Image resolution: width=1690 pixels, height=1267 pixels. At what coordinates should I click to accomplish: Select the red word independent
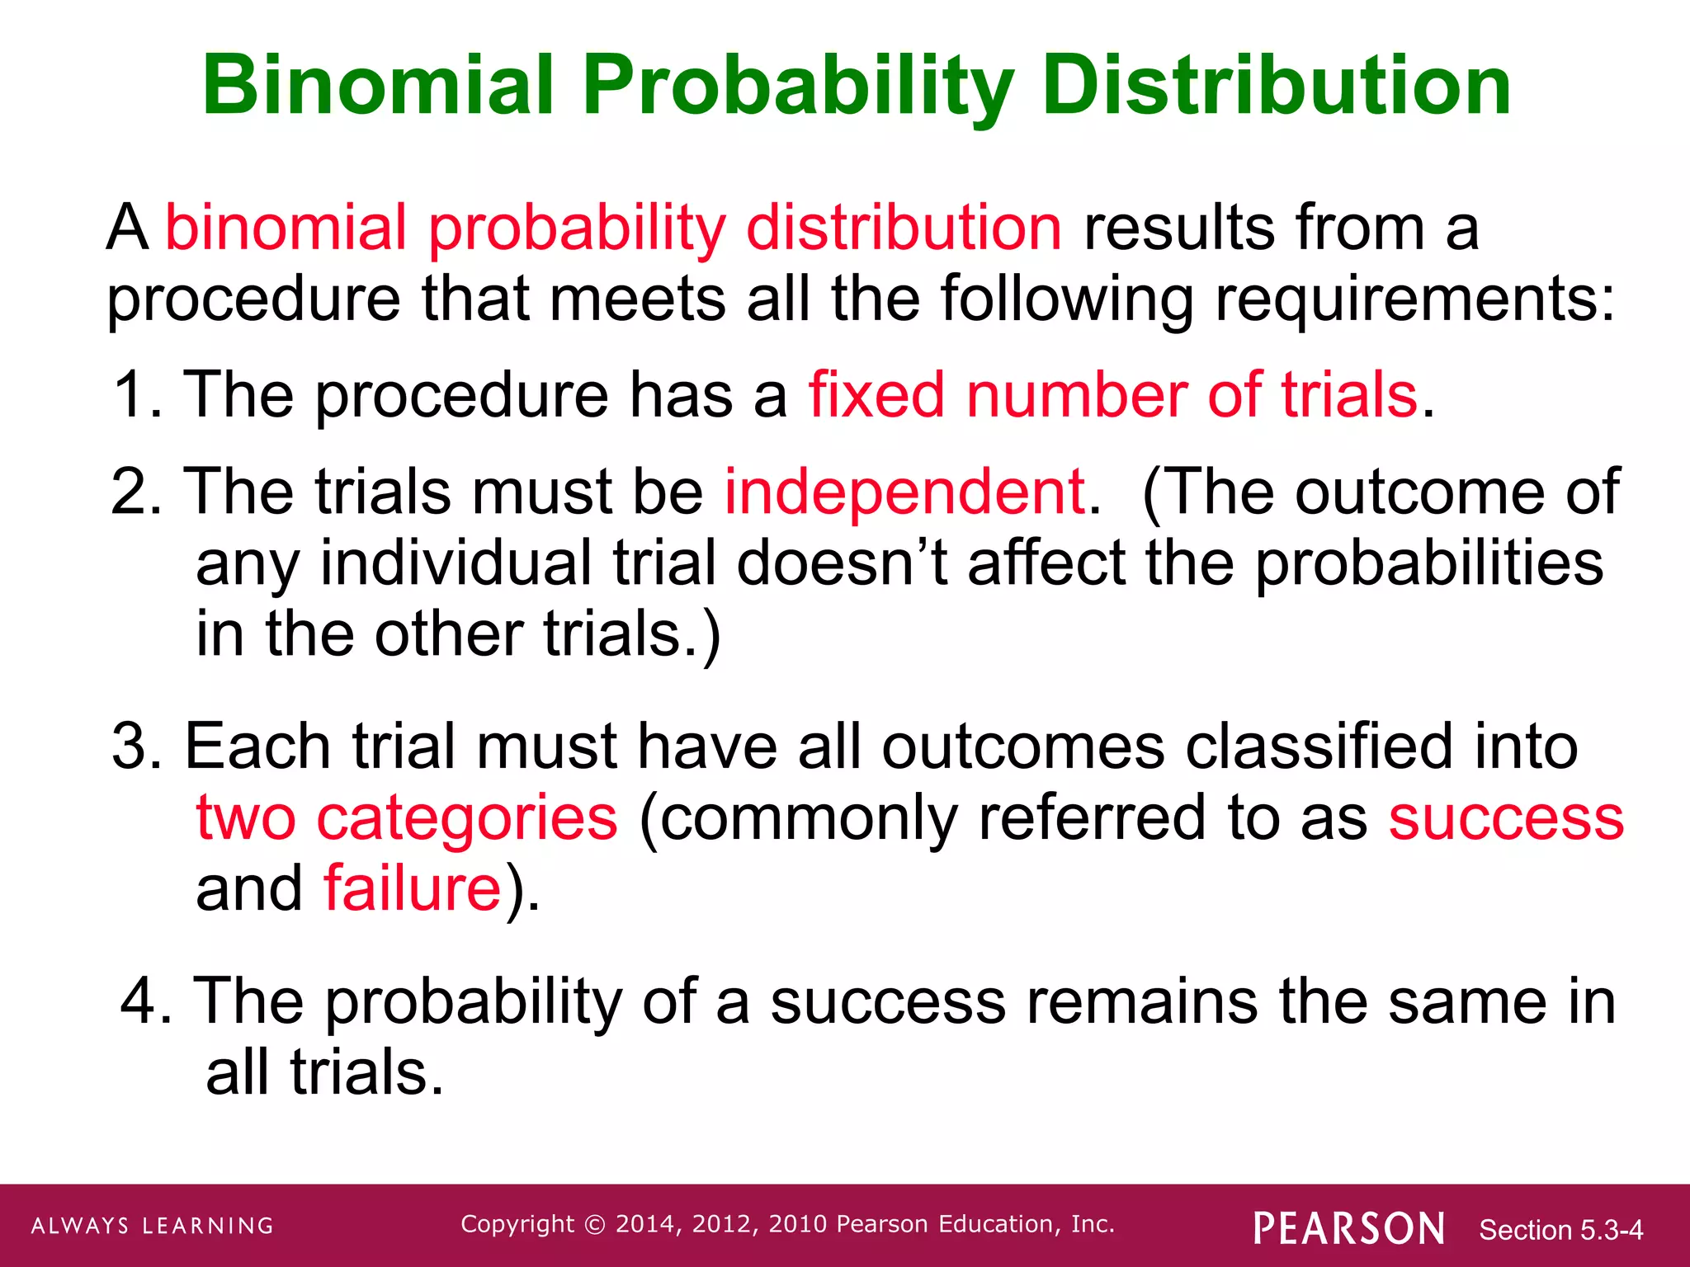(x=905, y=492)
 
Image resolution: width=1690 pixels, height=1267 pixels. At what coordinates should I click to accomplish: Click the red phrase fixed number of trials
(x=1113, y=395)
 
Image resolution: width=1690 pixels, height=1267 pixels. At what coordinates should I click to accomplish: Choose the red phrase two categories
(x=407, y=817)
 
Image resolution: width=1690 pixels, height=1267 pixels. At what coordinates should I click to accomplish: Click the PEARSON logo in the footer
(x=1349, y=1228)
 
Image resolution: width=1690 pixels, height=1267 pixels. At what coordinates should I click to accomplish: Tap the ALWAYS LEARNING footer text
(x=153, y=1226)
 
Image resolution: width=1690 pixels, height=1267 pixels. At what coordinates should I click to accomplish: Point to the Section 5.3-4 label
(x=1560, y=1230)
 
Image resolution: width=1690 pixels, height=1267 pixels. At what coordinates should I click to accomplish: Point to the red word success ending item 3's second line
(x=1506, y=817)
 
